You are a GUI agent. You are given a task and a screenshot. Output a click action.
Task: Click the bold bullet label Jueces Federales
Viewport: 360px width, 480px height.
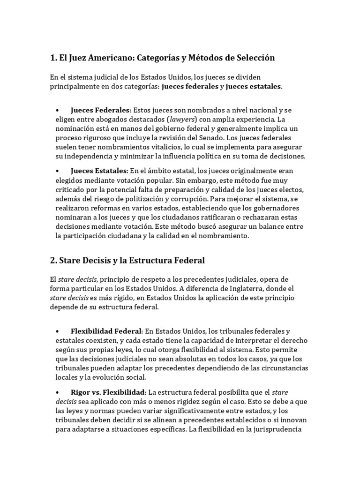click(100, 110)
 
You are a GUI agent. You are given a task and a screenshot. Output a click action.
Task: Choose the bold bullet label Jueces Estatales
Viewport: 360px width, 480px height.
click(99, 170)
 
